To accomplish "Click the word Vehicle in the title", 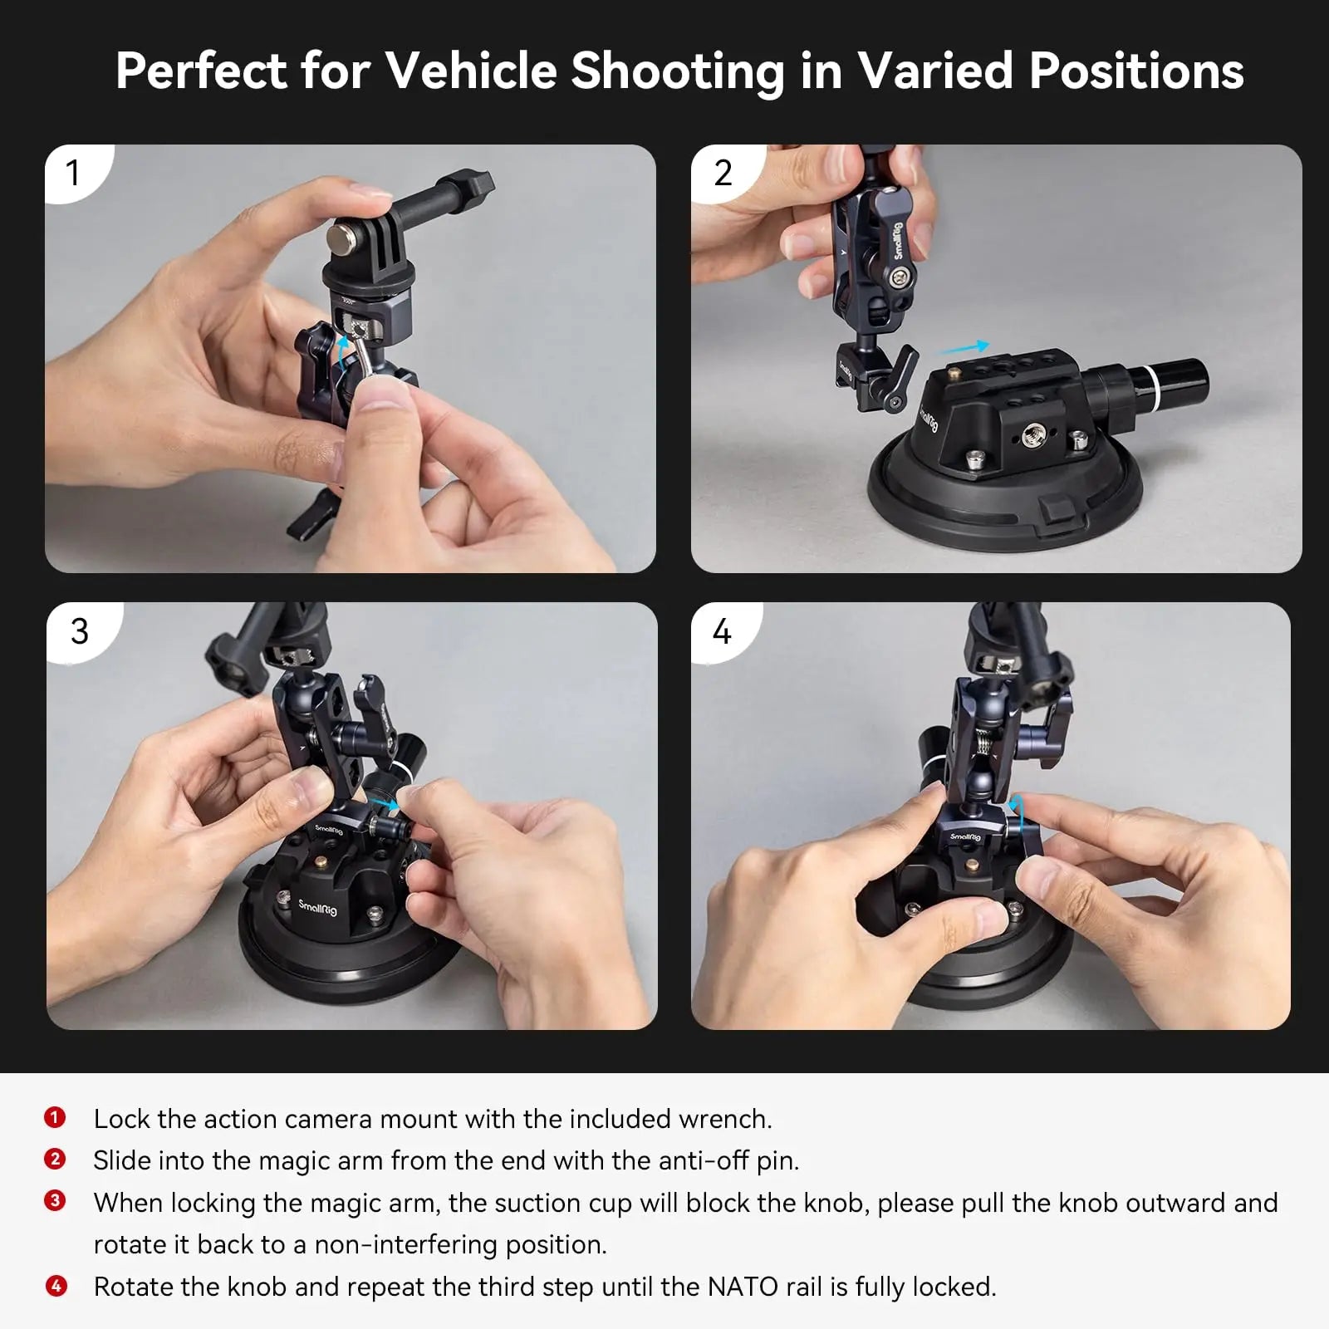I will (470, 71).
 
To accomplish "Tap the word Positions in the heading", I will (1135, 71).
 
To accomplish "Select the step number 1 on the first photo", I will (73, 174).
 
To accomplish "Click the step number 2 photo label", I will (723, 174).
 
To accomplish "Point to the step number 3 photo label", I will (80, 632).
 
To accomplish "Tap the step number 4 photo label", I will (722, 632).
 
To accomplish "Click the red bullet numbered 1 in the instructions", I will (55, 1118).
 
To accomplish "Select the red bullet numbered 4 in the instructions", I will (55, 1287).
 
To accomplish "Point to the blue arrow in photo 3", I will (384, 803).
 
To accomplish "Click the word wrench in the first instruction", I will (723, 1119).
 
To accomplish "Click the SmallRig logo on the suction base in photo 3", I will (318, 906).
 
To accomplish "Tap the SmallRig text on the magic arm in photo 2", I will (898, 242).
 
